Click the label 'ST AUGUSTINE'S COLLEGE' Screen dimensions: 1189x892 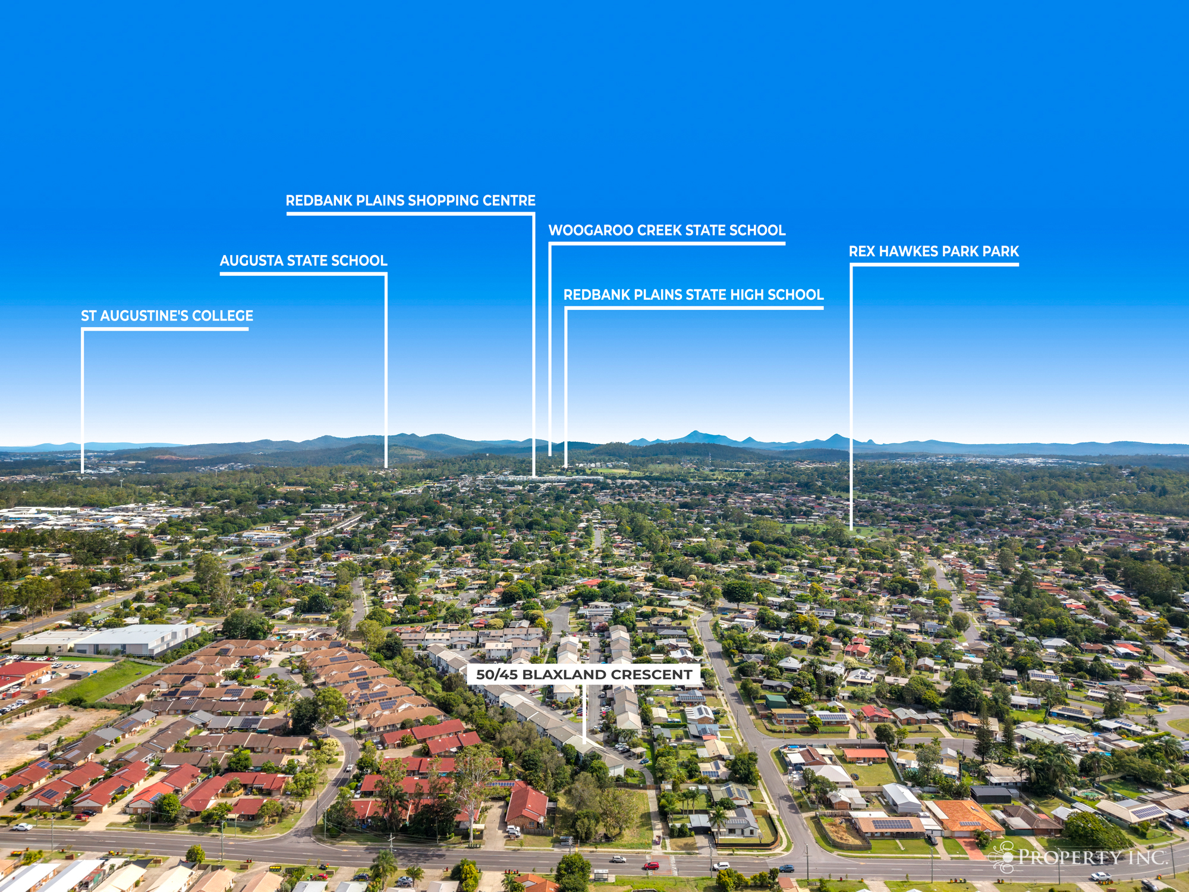tap(167, 316)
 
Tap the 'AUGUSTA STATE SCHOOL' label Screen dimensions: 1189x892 tap(303, 260)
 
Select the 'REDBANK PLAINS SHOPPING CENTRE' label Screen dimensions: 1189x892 tap(411, 200)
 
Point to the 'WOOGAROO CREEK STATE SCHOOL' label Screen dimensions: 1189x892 tap(666, 230)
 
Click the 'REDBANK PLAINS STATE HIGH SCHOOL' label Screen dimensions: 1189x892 tap(693, 294)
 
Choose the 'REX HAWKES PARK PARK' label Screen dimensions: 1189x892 tap(934, 251)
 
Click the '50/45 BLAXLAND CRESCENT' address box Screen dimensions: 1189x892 tap(584, 674)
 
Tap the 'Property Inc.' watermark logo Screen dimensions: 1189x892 tap(1078, 857)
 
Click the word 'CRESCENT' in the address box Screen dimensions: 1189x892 tap(652, 674)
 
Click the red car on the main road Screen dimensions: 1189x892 tap(651, 866)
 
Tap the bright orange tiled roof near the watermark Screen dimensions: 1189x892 tap(964, 816)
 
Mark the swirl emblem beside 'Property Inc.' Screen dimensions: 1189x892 tap(1002, 858)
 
